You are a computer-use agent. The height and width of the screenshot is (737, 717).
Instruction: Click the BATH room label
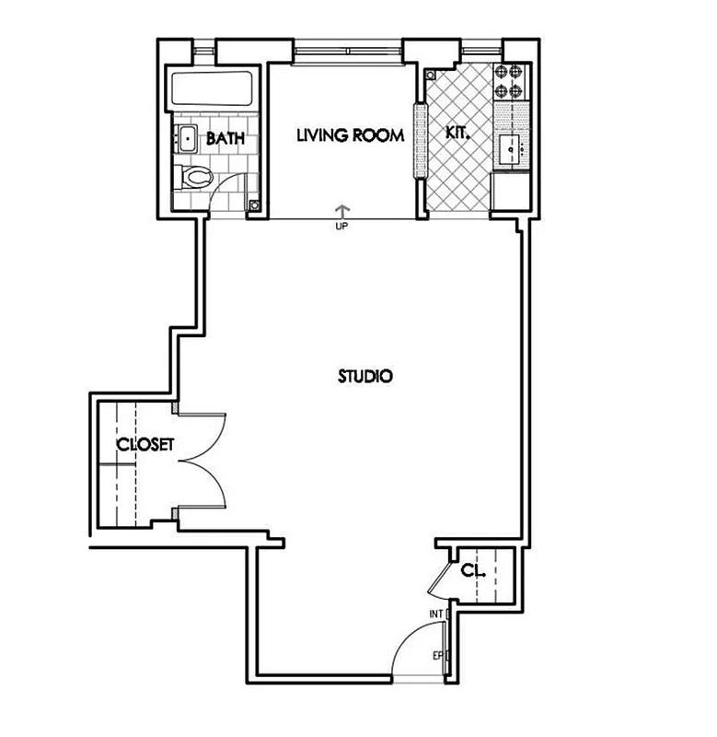[x=225, y=139]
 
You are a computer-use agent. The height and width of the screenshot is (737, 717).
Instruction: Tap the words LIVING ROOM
[x=350, y=136]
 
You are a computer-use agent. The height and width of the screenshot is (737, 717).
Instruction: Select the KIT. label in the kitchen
[x=457, y=133]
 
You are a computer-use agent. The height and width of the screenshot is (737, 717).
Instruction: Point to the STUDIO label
[x=365, y=376]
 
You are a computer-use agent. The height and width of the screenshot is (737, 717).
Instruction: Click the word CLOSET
[x=145, y=445]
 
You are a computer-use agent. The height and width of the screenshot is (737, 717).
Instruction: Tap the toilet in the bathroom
[x=195, y=175]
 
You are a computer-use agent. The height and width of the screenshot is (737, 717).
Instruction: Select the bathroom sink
[x=187, y=139]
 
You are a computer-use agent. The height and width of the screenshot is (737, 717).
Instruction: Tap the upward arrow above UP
[x=342, y=211]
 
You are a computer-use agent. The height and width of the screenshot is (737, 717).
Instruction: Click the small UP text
[x=342, y=225]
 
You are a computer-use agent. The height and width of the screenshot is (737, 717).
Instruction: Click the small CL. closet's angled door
[x=441, y=579]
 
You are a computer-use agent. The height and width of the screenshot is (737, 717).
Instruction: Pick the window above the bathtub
[x=207, y=47]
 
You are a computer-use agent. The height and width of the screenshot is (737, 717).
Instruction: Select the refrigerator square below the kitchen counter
[x=511, y=192]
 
